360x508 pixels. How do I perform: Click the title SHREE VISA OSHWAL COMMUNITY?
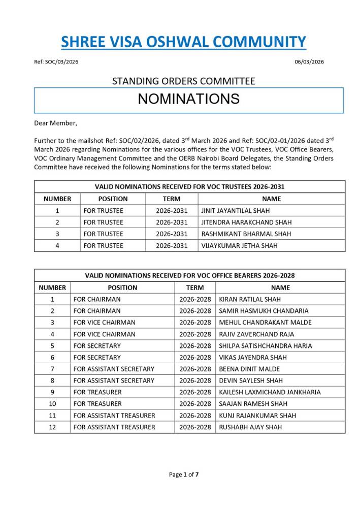(x=183, y=41)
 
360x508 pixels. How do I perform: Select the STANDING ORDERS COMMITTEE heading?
(x=183, y=81)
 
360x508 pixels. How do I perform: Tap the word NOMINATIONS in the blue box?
(x=188, y=99)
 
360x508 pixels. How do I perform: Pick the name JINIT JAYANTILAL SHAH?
(x=235, y=210)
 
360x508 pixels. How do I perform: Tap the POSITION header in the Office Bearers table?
(x=122, y=288)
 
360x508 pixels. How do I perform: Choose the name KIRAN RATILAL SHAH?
(x=250, y=299)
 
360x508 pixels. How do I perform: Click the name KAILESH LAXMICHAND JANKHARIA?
(x=270, y=392)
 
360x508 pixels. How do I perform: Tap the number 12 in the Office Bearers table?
(x=52, y=427)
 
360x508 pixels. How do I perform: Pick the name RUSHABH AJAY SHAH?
(x=250, y=427)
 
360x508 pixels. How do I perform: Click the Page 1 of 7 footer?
(x=183, y=474)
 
